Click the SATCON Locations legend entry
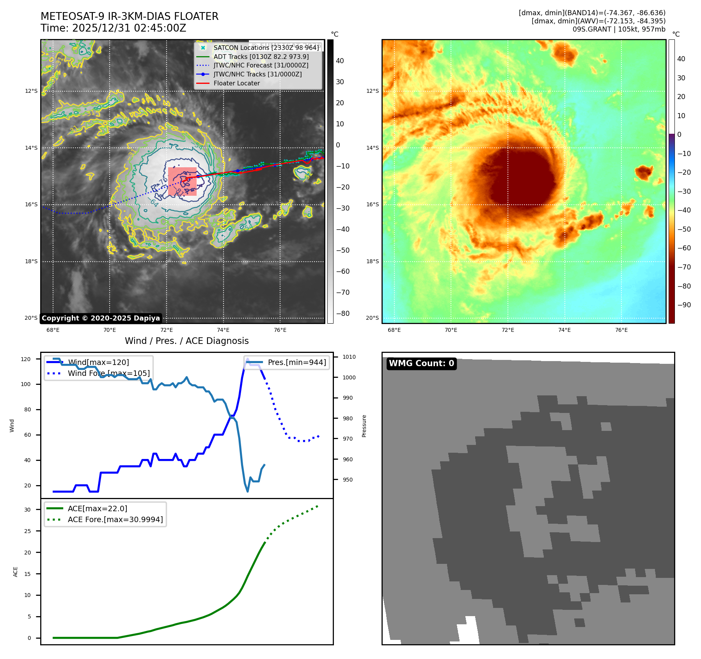pyautogui.click(x=266, y=48)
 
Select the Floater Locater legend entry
pyautogui.click(x=236, y=83)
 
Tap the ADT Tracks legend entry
pyautogui.click(x=261, y=57)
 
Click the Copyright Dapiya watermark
pyautogui.click(x=101, y=318)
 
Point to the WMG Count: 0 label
pyautogui.click(x=421, y=363)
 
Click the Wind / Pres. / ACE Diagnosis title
pyautogui.click(x=186, y=341)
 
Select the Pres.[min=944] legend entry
pyautogui.click(x=296, y=362)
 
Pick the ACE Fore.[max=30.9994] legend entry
pyautogui.click(x=115, y=519)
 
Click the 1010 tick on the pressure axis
pyautogui.click(x=349, y=357)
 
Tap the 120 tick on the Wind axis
pyautogui.click(x=26, y=359)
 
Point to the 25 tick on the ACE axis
pyautogui.click(x=27, y=531)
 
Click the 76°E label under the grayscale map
pyautogui.click(x=280, y=330)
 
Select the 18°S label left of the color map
pyautogui.click(x=372, y=261)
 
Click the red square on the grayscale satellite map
pyautogui.click(x=182, y=182)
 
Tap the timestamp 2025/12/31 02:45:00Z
pyautogui.click(x=129, y=28)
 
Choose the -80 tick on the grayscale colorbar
pyautogui.click(x=343, y=314)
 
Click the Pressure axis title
pyautogui.click(x=364, y=426)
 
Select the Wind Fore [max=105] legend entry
pyautogui.click(x=108, y=373)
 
